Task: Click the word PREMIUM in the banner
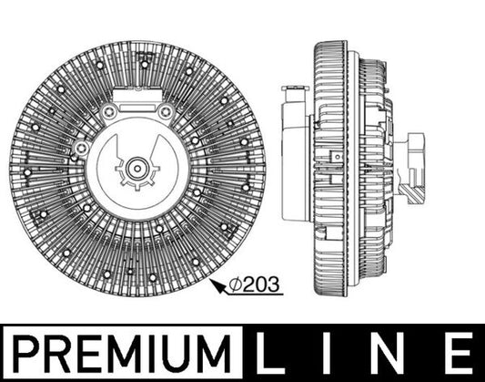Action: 120,351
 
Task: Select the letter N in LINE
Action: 393,351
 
